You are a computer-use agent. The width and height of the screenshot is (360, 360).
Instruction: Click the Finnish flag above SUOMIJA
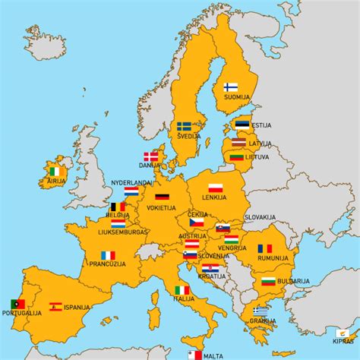[231, 87]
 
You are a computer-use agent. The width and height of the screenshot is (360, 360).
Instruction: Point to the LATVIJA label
[260, 143]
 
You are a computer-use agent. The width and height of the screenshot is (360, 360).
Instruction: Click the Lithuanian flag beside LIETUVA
[237, 156]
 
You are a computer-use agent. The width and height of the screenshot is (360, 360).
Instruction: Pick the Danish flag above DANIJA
[151, 156]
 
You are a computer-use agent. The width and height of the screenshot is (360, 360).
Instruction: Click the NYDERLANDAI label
[132, 183]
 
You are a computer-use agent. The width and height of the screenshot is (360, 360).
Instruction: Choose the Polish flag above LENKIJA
[215, 188]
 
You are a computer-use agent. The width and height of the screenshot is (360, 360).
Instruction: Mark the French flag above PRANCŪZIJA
[108, 255]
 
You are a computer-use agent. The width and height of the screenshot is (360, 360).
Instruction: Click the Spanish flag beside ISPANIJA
[55, 307]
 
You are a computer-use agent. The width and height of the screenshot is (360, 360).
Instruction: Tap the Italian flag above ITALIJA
[182, 290]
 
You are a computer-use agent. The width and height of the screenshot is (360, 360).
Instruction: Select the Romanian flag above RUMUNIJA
[264, 248]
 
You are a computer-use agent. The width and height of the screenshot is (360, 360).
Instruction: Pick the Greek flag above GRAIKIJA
[261, 311]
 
